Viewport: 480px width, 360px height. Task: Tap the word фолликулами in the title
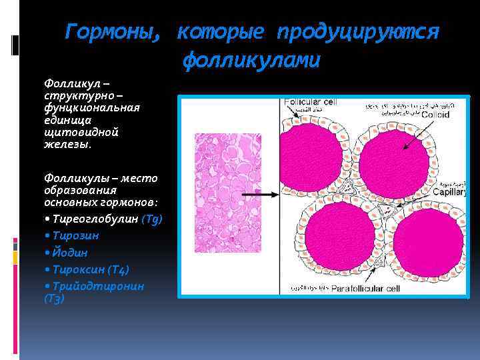[252, 61]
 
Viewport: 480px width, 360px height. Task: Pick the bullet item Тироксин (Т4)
[88, 269]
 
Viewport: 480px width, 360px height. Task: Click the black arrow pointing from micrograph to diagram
[260, 194]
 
